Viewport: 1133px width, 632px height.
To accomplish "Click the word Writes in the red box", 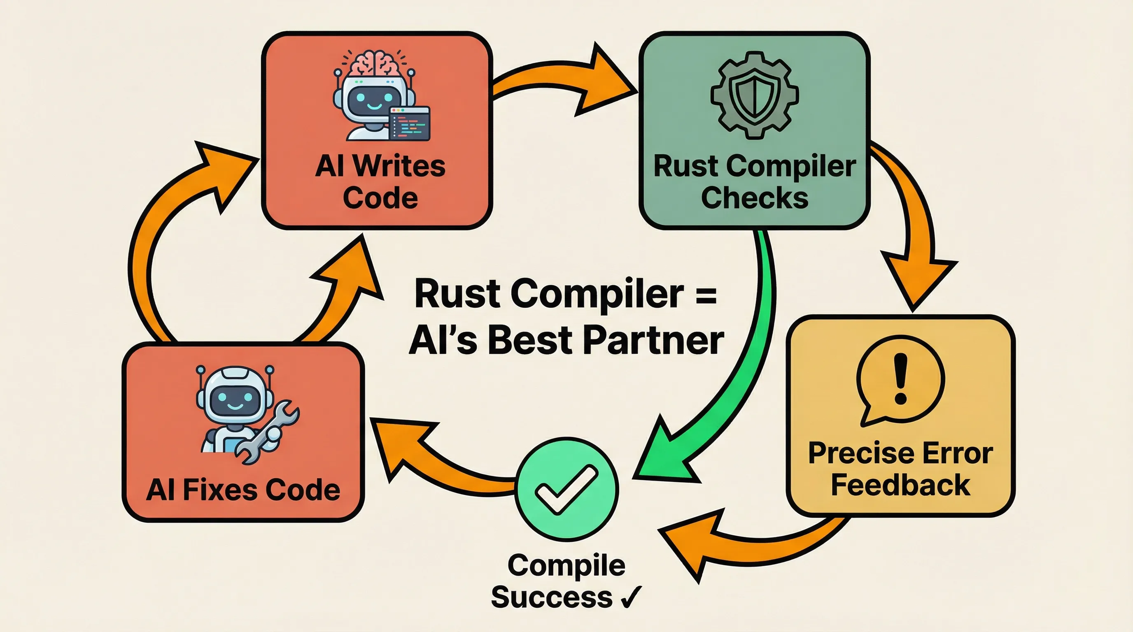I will click(x=399, y=167).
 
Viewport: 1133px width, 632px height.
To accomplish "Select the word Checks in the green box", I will click(x=754, y=198).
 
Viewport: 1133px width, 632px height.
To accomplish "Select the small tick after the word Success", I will click(x=632, y=597).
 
